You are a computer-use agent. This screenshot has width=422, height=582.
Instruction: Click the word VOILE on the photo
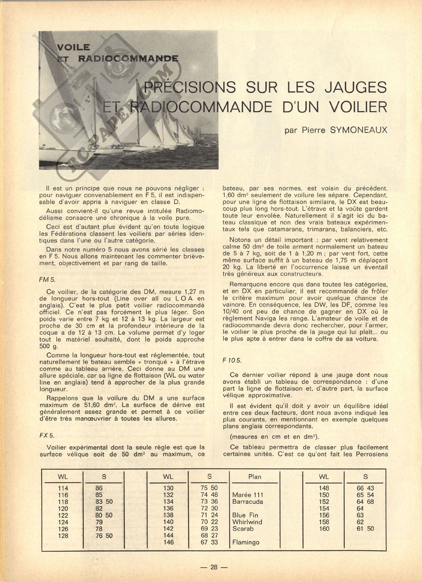pyautogui.click(x=74, y=47)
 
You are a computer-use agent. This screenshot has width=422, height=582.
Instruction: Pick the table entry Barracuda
pyautogui.click(x=247, y=502)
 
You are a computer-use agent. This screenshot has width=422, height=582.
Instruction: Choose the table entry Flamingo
pyautogui.click(x=246, y=542)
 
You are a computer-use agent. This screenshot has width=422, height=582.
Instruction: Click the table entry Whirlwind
pyautogui.click(x=247, y=522)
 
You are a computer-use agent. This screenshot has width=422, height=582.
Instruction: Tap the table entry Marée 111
pyautogui.click(x=247, y=495)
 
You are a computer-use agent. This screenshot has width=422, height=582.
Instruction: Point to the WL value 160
pyautogui.click(x=324, y=529)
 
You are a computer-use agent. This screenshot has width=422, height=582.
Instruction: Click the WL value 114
pyautogui.click(x=63, y=488)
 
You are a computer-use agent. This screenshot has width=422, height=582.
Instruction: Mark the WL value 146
pyautogui.click(x=168, y=542)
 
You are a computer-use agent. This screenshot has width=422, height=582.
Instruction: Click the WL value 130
pyautogui.click(x=168, y=488)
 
